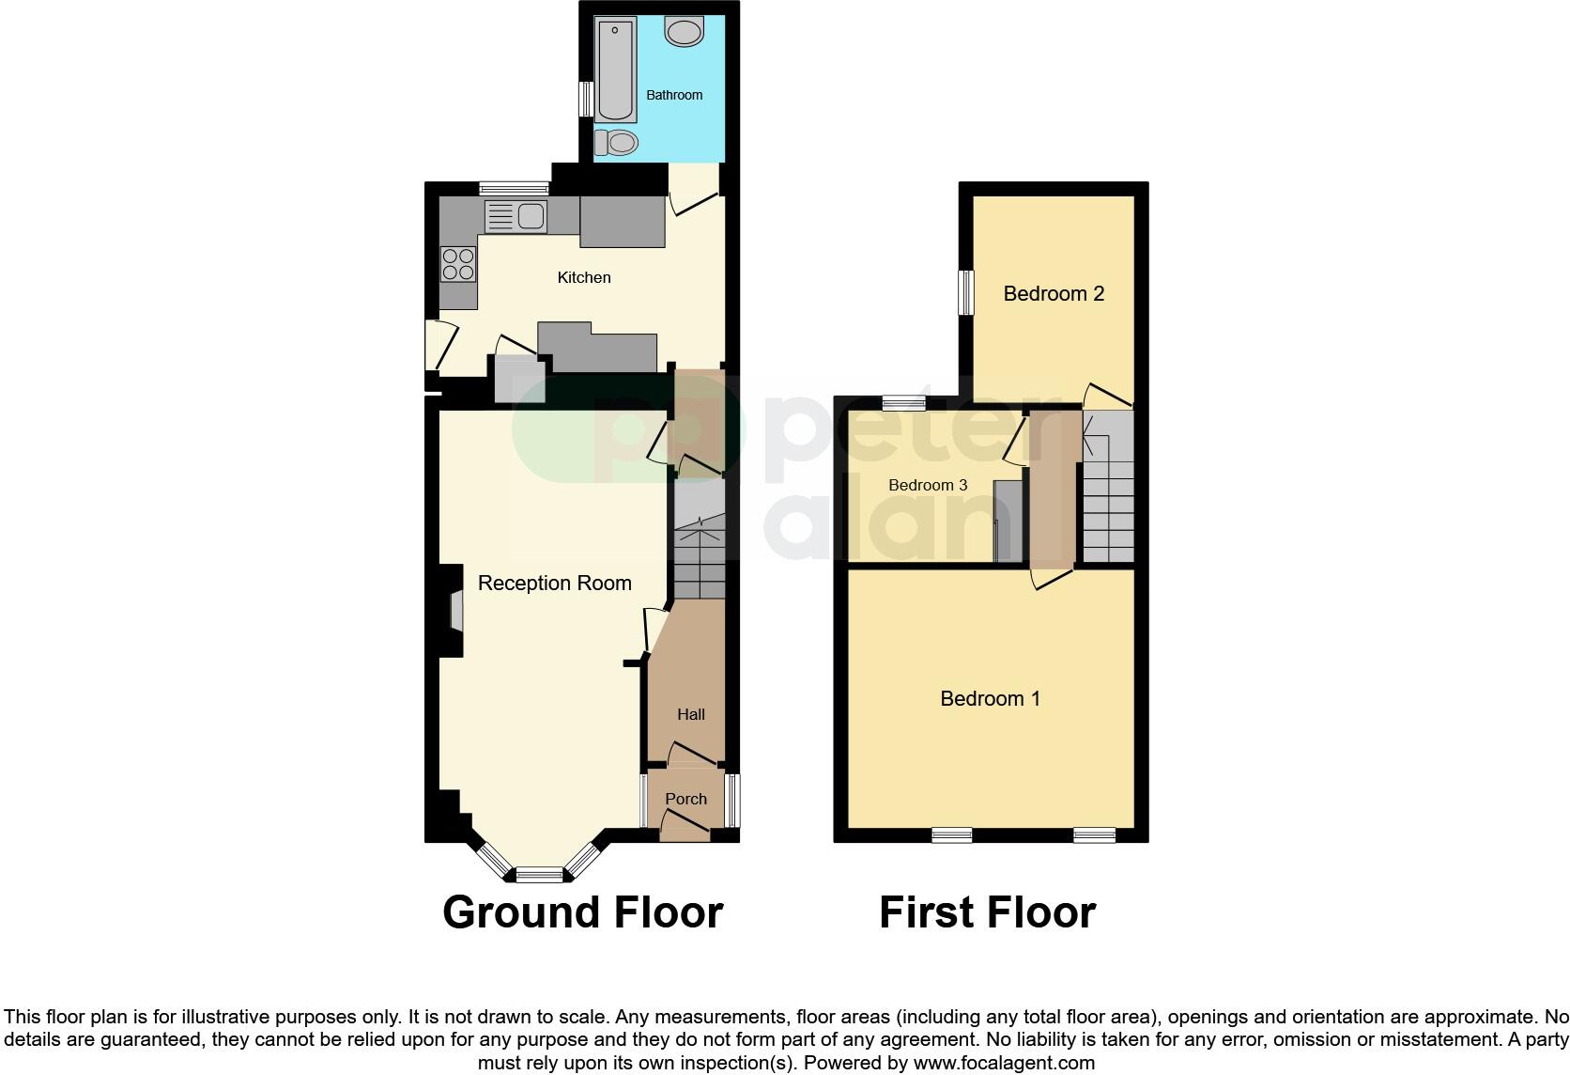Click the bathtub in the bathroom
click(615, 69)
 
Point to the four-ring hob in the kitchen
click(457, 263)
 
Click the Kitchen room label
click(584, 277)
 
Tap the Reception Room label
click(554, 584)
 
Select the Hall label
click(691, 714)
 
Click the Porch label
click(685, 799)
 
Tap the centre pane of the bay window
click(539, 876)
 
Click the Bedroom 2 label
click(1054, 294)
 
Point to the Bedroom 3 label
click(928, 485)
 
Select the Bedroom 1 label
click(990, 699)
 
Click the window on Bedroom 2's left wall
click(964, 293)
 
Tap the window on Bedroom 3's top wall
click(904, 403)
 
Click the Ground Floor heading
click(582, 912)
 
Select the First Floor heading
click(987, 912)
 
